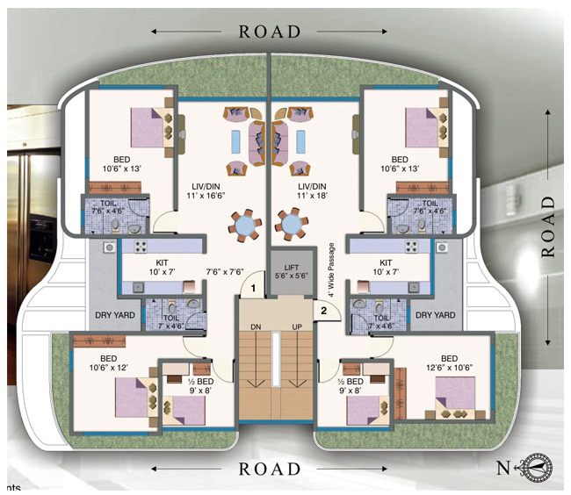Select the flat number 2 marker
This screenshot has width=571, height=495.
[323, 310]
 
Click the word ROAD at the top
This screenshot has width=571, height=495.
[270, 32]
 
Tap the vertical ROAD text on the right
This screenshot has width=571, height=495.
[550, 226]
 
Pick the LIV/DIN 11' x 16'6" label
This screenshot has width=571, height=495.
[209, 192]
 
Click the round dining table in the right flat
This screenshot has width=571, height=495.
[291, 225]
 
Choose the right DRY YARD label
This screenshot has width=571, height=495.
[435, 315]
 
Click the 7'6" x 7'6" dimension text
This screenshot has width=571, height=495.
[224, 272]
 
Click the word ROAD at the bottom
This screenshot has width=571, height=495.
[270, 469]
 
